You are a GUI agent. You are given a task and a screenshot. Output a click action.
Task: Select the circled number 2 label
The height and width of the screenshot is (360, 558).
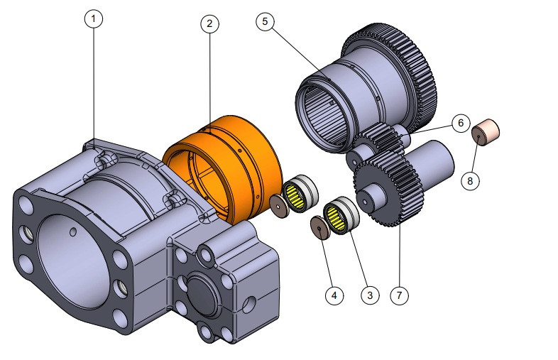[x=209, y=23]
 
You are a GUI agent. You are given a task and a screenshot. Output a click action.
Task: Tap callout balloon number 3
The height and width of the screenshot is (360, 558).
[x=368, y=294]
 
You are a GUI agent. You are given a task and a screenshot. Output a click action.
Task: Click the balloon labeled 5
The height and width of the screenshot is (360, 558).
[x=265, y=21]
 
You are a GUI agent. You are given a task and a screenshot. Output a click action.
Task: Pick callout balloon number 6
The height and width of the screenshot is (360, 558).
[x=459, y=124]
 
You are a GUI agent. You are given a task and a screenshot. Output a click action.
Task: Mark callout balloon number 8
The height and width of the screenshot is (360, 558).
[x=469, y=180]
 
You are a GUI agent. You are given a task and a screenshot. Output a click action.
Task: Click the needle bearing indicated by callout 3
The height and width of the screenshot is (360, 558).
[x=341, y=215]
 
